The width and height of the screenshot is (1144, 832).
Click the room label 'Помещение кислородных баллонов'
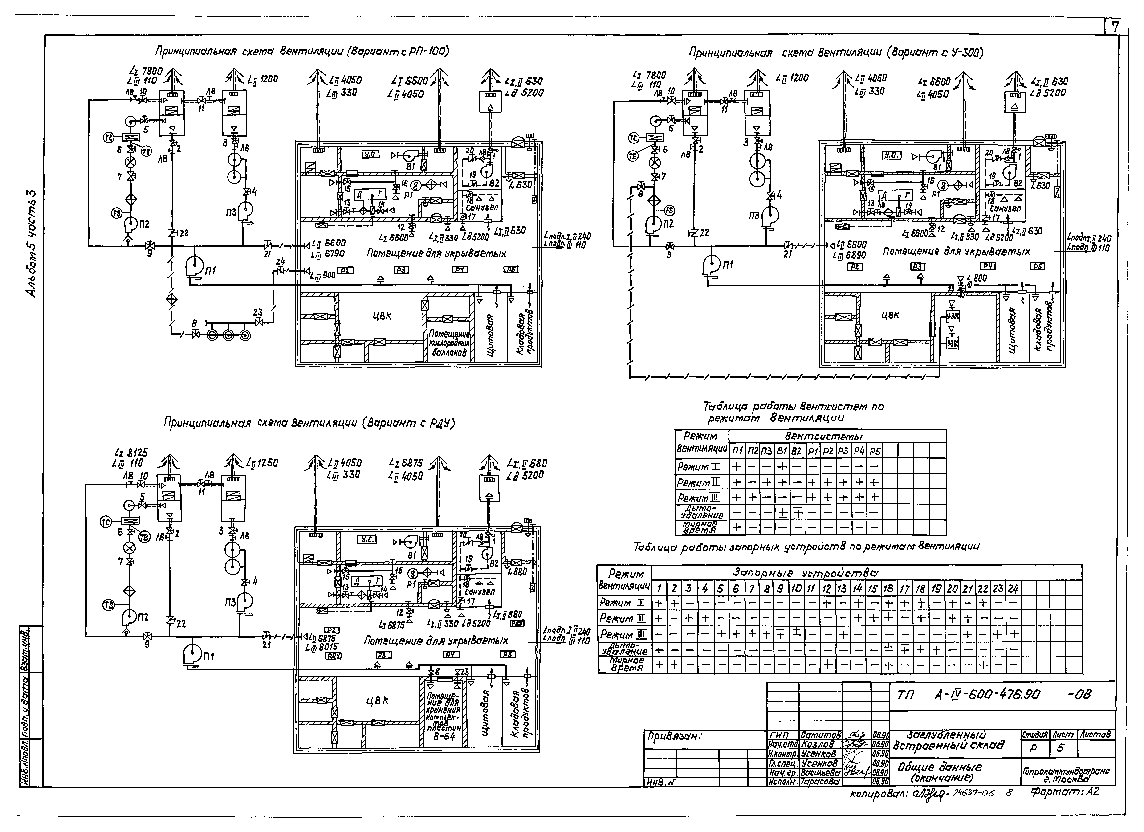tap(449, 343)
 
